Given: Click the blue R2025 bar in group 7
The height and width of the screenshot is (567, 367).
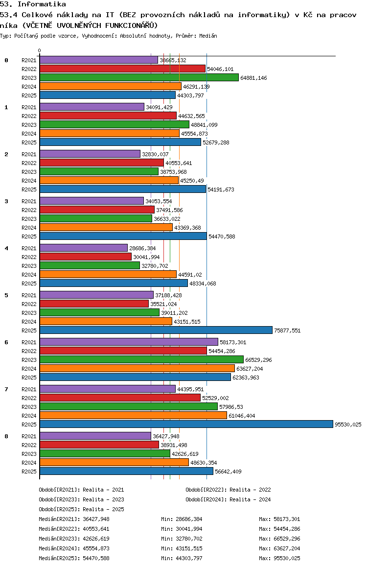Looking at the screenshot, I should pyautogui.click(x=186, y=424).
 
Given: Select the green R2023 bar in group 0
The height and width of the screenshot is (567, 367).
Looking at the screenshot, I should pyautogui.click(x=139, y=77).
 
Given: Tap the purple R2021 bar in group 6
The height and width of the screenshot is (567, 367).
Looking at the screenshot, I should pyautogui.click(x=129, y=342).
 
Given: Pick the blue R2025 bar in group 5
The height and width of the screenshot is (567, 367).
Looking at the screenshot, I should pyautogui.click(x=156, y=330).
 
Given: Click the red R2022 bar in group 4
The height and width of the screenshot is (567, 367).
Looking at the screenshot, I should pyautogui.click(x=86, y=257).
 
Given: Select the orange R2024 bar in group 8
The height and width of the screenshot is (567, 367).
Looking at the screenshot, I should pyautogui.click(x=114, y=462).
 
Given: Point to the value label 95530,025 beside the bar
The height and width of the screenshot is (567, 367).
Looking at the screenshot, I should pyautogui.click(x=348, y=425).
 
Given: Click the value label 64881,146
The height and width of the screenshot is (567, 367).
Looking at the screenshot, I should pyautogui.click(x=253, y=78).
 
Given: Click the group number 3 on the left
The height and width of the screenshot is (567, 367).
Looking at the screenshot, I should pyautogui.click(x=6, y=201).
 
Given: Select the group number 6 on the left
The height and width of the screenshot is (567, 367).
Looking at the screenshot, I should pyautogui.click(x=6, y=342).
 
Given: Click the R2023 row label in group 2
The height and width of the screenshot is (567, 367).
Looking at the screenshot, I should pyautogui.click(x=29, y=172).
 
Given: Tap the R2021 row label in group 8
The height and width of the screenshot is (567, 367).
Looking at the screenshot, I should pyautogui.click(x=29, y=436).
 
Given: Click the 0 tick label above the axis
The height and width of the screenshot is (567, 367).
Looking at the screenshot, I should pyautogui.click(x=40, y=50).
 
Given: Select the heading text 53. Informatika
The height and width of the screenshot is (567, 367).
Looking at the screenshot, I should pyautogui.click(x=33, y=4).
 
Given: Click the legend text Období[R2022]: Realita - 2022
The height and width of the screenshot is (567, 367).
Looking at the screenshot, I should pyautogui.click(x=228, y=490).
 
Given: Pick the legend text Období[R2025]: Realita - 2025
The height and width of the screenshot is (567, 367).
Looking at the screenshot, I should pyautogui.click(x=81, y=509).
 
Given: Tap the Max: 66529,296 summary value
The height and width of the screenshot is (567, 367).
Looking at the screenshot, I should pyautogui.click(x=279, y=539).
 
